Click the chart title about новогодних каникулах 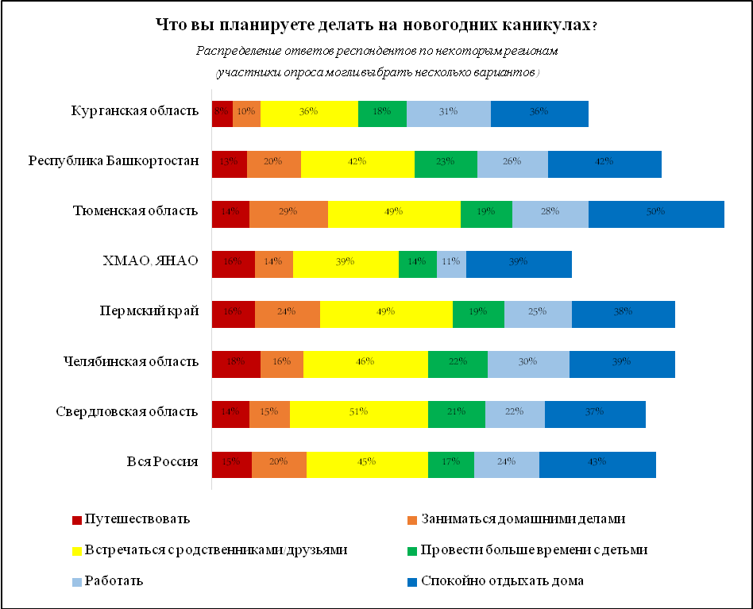point(376,25)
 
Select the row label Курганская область point(134,110)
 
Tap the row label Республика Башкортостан point(113,162)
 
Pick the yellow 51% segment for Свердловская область point(358,411)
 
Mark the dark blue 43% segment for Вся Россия point(597,462)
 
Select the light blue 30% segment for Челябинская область point(528,363)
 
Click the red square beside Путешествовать point(77,520)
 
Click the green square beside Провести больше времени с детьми point(411,550)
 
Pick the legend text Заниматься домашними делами point(523,519)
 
